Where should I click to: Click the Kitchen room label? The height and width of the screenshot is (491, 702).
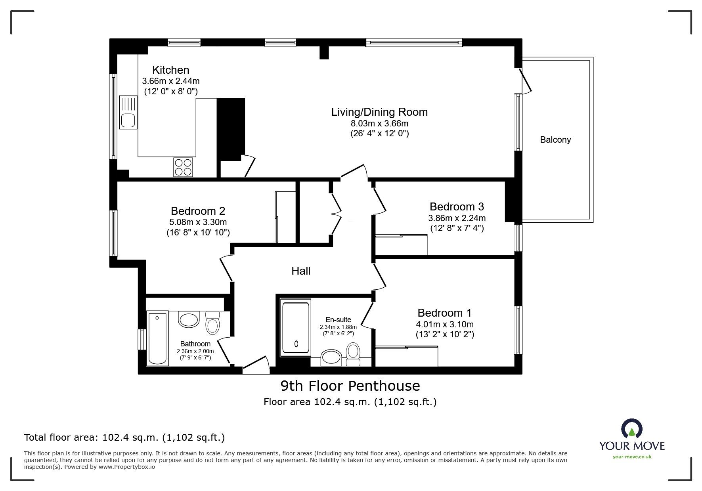tap(171, 70)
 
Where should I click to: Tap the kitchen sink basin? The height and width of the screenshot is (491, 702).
tap(128, 120)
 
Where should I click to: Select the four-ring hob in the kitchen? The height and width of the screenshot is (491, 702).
tap(183, 167)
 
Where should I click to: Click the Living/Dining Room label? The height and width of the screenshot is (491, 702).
tap(379, 112)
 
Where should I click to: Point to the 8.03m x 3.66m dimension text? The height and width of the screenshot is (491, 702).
tap(379, 123)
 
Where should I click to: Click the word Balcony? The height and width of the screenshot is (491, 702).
tap(555, 140)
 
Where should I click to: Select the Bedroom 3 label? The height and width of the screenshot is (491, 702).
tap(457, 207)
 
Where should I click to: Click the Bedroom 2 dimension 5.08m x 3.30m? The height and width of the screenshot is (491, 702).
tap(198, 222)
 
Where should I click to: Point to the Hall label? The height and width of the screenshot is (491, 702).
tap(301, 271)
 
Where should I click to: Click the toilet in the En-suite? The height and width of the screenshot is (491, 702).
tap(352, 353)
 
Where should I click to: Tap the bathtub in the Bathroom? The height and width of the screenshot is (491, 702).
tap(157, 338)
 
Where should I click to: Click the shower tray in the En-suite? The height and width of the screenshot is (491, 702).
tap(295, 328)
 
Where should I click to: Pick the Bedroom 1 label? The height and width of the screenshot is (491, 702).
tap(444, 313)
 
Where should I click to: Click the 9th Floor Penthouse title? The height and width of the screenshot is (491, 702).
tap(350, 386)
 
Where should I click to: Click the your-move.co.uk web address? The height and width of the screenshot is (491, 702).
tap(632, 457)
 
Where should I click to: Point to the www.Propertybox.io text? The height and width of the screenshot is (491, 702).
tap(127, 467)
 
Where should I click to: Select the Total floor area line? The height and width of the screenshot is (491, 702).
tap(124, 438)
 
